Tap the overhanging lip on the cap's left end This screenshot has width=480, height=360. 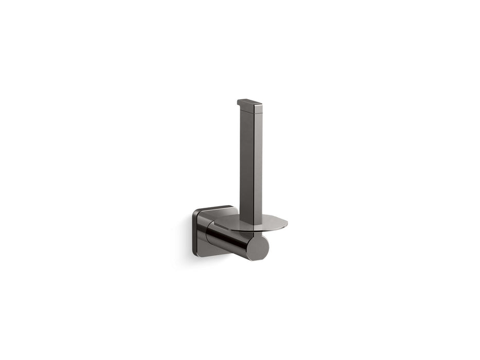[x=239, y=103]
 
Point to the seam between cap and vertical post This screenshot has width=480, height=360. [x=251, y=113]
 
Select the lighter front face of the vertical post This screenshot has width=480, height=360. [x=257, y=165]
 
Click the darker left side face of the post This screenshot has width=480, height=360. [x=245, y=165]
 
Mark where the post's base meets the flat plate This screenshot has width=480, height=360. [x=252, y=224]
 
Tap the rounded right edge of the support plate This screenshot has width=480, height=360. [x=286, y=224]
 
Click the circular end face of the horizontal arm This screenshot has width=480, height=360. [x=257, y=248]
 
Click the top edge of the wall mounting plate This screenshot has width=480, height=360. [x=216, y=207]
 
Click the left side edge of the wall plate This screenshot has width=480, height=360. [x=194, y=231]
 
